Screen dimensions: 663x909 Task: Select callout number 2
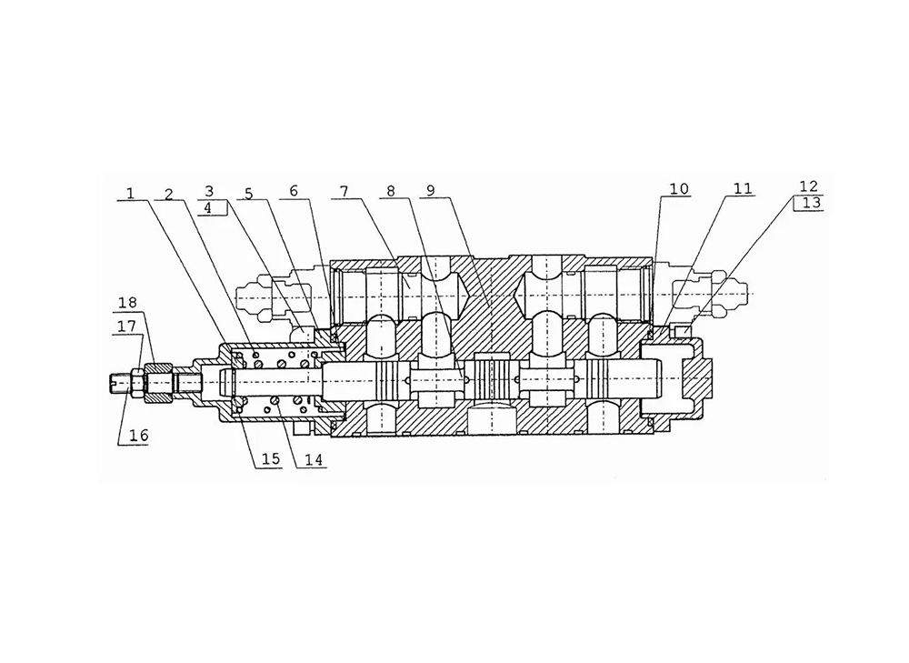(168, 193)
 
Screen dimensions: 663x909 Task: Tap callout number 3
(209, 191)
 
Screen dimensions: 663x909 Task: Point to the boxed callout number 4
(209, 207)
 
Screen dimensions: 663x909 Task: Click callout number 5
(250, 193)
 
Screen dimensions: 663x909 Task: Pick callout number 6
(293, 191)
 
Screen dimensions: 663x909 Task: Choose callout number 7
(345, 191)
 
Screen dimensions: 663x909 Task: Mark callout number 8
(391, 191)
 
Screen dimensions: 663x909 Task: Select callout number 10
(679, 189)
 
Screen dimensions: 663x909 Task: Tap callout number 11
(743, 189)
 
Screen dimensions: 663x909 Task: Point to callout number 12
(808, 186)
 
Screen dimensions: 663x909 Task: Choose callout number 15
(272, 459)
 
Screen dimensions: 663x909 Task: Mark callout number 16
(137, 436)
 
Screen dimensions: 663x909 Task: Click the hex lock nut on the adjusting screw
(160, 381)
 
